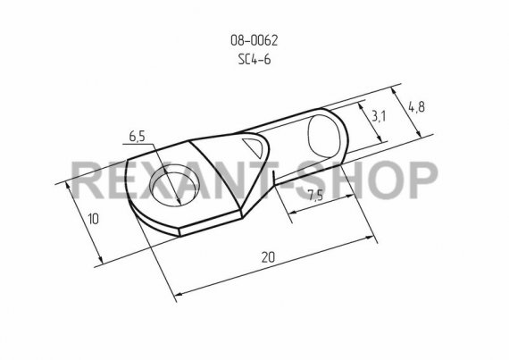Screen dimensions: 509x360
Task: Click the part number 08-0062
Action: [x=254, y=40]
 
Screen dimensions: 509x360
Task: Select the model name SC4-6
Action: [x=254, y=60]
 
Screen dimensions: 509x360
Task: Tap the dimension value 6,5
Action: [x=137, y=137]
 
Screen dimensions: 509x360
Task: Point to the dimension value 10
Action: [x=93, y=219]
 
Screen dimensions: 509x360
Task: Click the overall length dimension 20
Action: [x=268, y=257]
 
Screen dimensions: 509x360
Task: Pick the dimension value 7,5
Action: [x=315, y=196]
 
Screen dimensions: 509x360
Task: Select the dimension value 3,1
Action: [x=379, y=116]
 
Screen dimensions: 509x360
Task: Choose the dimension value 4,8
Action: [x=416, y=107]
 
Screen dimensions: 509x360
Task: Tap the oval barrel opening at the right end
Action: [x=325, y=137]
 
